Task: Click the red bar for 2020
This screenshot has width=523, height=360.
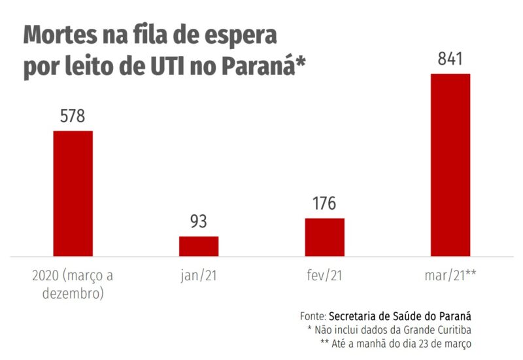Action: coord(73,193)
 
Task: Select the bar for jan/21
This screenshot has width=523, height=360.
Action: coord(199,246)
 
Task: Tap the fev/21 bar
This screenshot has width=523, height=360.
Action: coord(324,237)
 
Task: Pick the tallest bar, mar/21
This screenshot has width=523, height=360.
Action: coord(450,165)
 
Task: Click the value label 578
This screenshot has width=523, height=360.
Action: coord(73,117)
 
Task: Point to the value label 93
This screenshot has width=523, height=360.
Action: coord(199,222)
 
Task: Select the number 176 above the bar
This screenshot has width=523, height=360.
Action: coord(324,204)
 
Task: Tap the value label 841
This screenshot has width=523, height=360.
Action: coord(450,59)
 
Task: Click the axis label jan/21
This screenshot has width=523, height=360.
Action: coord(199,276)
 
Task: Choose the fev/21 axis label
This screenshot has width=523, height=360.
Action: coord(324,276)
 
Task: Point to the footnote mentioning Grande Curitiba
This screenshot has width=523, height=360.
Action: coord(389,329)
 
